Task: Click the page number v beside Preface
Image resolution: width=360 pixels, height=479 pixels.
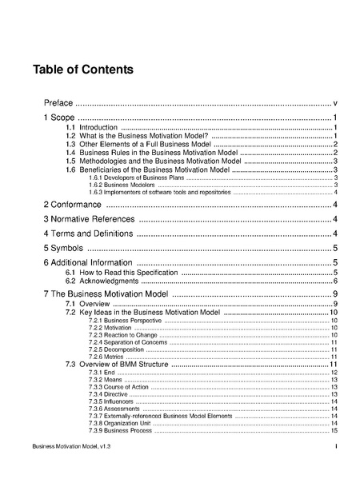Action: coord(334,103)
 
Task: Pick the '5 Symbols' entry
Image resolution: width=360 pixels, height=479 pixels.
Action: coord(64,249)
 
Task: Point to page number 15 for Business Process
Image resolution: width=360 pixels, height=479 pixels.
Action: coord(334,431)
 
